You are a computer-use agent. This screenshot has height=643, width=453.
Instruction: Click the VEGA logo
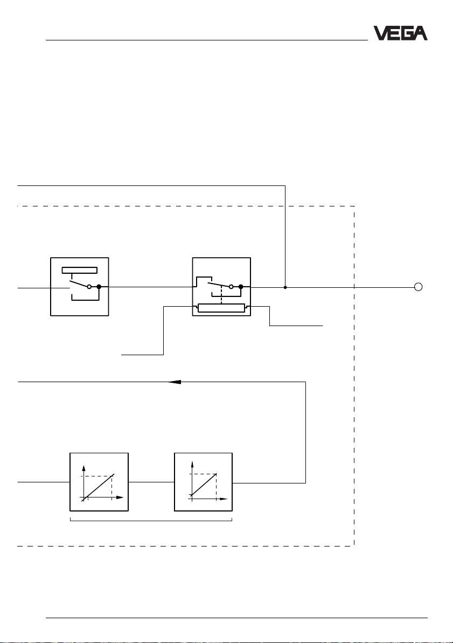pos(401,34)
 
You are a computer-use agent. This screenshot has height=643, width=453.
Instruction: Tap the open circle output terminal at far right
pos(417,287)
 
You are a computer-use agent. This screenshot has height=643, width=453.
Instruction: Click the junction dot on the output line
pos(285,287)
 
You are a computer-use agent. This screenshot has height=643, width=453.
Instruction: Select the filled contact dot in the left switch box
pos(99,287)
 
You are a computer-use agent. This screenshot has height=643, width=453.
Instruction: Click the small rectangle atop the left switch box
pos(80,271)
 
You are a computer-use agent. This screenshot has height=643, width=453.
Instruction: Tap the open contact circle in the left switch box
pos(89,287)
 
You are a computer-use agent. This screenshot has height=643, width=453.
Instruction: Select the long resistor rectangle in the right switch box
pos(221,308)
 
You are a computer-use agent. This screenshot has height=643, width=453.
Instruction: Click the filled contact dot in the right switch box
pos(241,287)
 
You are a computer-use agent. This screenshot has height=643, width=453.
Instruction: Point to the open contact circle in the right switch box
pos(232,287)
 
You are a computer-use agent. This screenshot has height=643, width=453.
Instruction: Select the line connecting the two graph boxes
pos(151,482)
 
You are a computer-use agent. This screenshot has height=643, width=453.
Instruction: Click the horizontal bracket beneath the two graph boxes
pos(151,520)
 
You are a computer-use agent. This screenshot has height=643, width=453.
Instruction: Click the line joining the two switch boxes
pos(150,287)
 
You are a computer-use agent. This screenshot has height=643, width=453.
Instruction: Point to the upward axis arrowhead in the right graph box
pos(189,467)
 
